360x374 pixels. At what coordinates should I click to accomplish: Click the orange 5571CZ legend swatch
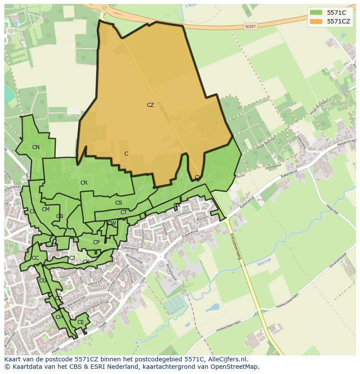pos(316,21)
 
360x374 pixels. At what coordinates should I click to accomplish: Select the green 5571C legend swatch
pos(316,13)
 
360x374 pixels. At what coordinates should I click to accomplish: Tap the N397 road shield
pos(250,26)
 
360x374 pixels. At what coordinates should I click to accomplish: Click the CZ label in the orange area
pos(150,105)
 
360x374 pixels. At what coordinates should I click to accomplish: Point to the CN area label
pos(36,147)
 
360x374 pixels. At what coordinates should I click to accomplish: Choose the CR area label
pos(84,183)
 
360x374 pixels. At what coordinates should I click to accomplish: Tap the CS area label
pos(119,203)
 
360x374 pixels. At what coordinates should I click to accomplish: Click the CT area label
pos(123,212)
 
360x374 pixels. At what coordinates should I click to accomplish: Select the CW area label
pos(112,223)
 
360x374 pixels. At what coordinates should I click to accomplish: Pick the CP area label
pos(96,242)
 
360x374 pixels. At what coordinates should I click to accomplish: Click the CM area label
pos(46,209)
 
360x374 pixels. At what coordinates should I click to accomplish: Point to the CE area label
pos(80,322)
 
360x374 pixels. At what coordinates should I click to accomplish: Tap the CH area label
pos(59,317)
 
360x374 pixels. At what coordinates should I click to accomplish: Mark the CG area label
pos(43,281)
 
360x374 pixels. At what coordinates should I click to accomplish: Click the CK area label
pos(86,262)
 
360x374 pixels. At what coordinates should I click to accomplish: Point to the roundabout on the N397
pos(103,7)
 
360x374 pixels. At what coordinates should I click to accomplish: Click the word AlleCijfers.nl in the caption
pos(226,359)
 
